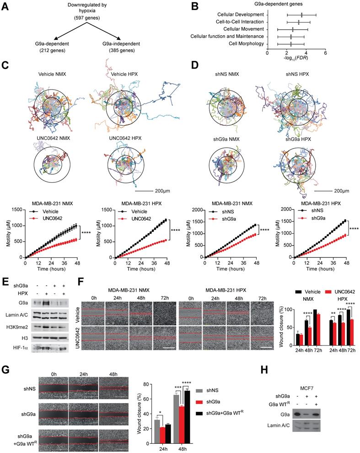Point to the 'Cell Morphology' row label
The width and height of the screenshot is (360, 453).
(x=246, y=43)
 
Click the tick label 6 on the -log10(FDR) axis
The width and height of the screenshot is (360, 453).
(x=325, y=53)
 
